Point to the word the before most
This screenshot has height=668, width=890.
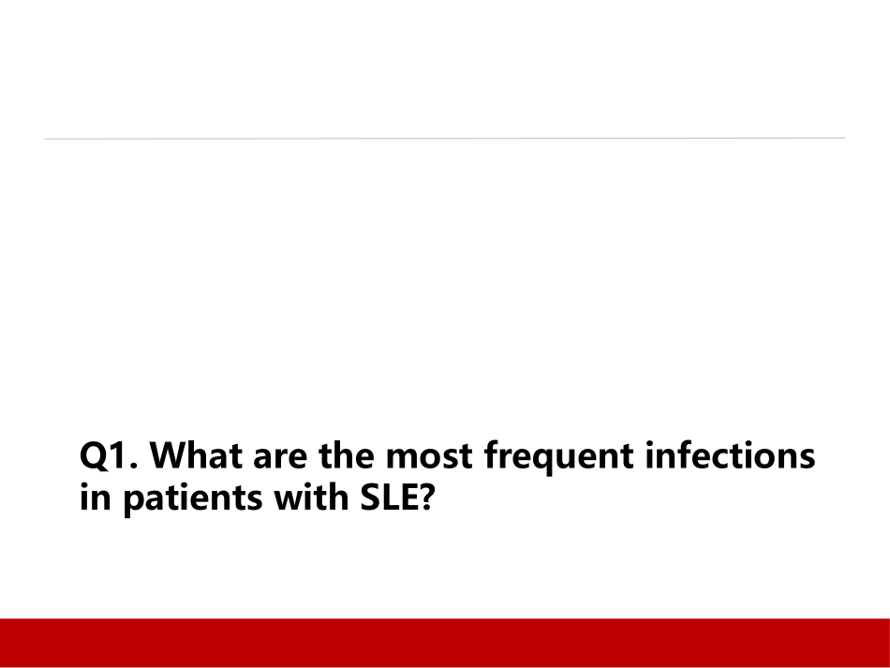[x=347, y=454]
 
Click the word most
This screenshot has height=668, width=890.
[x=428, y=457]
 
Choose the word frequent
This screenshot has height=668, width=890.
[x=559, y=458]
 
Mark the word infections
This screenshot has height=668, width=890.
[x=730, y=454]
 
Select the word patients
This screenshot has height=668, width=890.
[x=193, y=499]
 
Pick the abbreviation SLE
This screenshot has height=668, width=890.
[x=389, y=497]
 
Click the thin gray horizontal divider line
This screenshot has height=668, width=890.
[x=444, y=138]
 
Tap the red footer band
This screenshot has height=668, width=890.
[x=445, y=643]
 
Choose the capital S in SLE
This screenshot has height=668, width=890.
[x=371, y=497]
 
